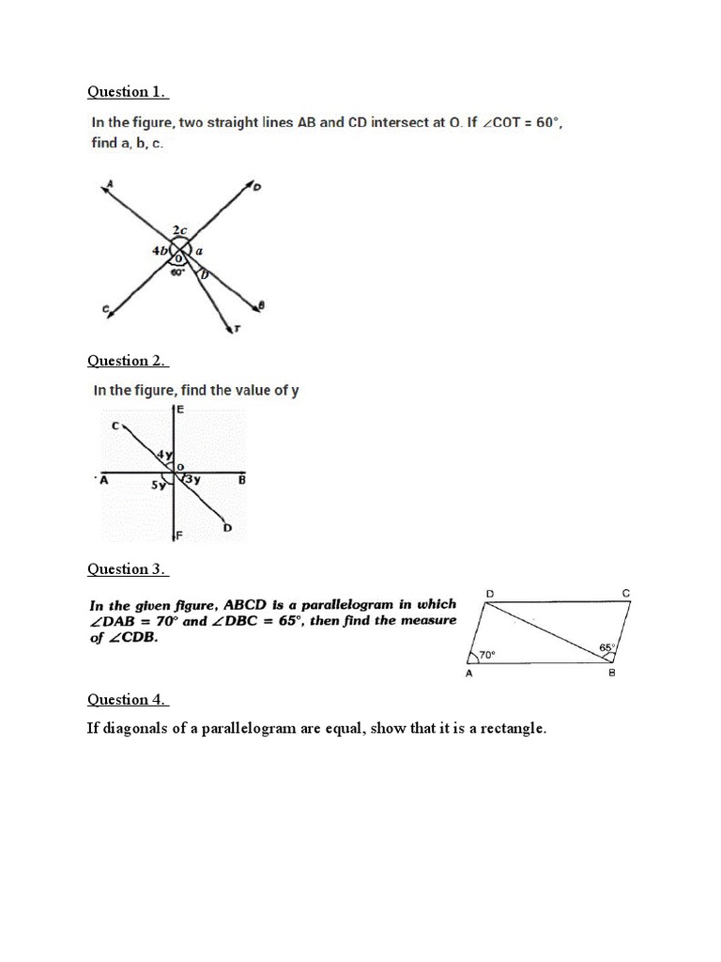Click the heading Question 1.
pos(128,92)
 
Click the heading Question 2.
pos(128,361)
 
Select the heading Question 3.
pos(128,569)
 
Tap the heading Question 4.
pos(128,700)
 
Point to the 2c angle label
pos(179,231)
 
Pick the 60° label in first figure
pos(176,272)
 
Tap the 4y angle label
pos(165,457)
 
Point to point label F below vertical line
pos(180,535)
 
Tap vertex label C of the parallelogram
pos(626,593)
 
